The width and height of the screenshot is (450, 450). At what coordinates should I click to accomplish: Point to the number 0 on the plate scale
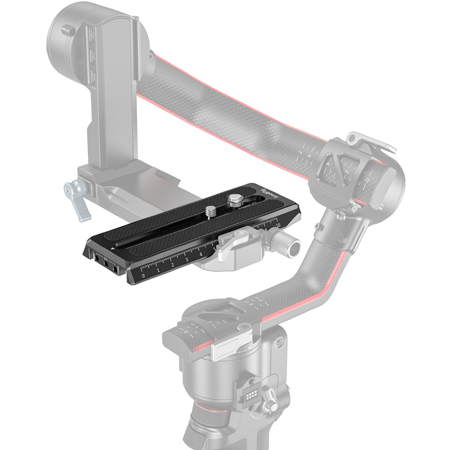pos(143,276)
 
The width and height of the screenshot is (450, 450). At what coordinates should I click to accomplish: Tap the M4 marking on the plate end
pos(106,258)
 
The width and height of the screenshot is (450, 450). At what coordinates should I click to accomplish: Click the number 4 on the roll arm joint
pos(329,163)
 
